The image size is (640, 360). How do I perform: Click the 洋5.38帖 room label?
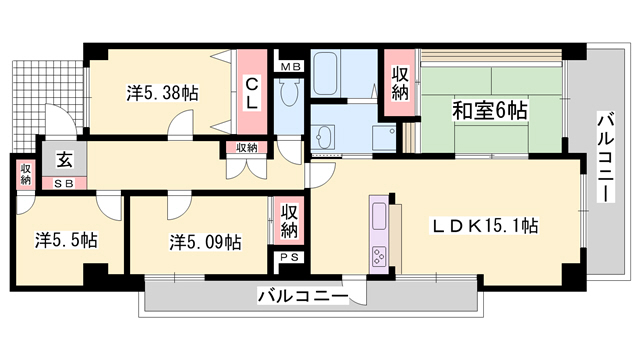coord(161,92)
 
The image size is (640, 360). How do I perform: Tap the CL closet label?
coord(253,92)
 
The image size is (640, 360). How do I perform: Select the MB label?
coord(289,67)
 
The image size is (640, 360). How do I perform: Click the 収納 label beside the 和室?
coord(400,84)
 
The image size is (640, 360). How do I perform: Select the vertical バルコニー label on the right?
coord(604,155)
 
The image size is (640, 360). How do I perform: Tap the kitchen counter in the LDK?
coord(381,232)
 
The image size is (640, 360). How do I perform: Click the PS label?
coord(289,258)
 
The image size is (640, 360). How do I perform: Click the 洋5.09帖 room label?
coord(203,241)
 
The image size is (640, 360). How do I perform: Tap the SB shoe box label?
coord(62,183)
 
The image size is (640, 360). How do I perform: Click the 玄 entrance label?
coord(64,159)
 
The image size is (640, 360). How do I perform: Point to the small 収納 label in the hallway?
coord(246,148)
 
